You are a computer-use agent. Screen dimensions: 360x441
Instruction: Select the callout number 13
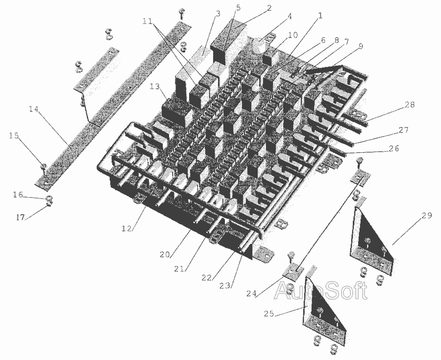pyautogui.click(x=155, y=87)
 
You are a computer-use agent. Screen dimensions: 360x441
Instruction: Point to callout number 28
pyautogui.click(x=410, y=105)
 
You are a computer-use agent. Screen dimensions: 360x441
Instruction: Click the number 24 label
pyautogui.click(x=251, y=294)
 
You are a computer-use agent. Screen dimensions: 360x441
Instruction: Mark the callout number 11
pyautogui.click(x=147, y=21)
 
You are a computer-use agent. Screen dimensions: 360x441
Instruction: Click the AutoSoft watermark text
pyautogui.click(x=320, y=290)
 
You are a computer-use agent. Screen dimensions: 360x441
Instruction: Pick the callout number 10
pyautogui.click(x=293, y=35)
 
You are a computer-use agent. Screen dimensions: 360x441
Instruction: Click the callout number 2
pyautogui.click(x=269, y=8)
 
